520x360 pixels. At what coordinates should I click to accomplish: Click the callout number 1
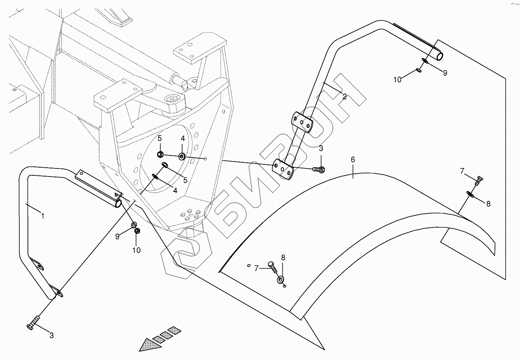pyautogui.click(x=42, y=216)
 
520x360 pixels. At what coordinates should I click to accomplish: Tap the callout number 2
pyautogui.click(x=344, y=96)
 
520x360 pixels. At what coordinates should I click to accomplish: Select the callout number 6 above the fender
pyautogui.click(x=353, y=160)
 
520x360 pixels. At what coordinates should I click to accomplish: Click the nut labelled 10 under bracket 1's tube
pyautogui.click(x=137, y=231)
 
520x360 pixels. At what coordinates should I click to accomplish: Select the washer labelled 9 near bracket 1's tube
pyautogui.click(x=134, y=225)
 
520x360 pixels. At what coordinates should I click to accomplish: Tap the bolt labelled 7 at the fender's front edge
pyautogui.click(x=272, y=266)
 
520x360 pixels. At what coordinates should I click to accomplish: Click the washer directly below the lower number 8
pyautogui.click(x=280, y=279)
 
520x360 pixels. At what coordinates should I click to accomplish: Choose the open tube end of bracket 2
pyautogui.click(x=439, y=55)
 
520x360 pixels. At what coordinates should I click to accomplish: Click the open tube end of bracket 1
pyautogui.click(x=118, y=205)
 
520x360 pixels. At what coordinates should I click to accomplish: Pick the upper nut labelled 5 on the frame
pyautogui.click(x=160, y=154)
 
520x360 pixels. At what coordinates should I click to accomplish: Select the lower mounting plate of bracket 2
pyautogui.click(x=284, y=169)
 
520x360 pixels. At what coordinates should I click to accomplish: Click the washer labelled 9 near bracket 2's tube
pyautogui.click(x=424, y=62)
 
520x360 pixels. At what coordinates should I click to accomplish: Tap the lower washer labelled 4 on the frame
pyautogui.click(x=155, y=176)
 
